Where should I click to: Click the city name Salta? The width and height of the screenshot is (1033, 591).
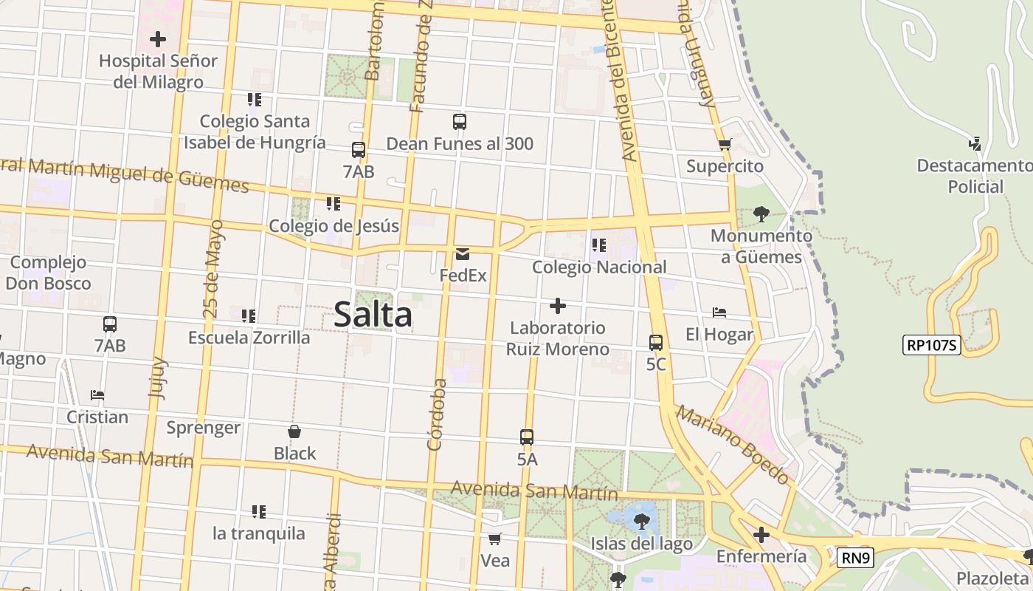coord(373,315)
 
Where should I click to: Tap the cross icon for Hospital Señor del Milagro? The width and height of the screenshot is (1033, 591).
coord(157,38)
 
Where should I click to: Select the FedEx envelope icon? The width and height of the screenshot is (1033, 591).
coord(463,254)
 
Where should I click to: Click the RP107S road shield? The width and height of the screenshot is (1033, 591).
coord(931,345)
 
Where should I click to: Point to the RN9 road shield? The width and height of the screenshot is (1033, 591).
coord(854,557)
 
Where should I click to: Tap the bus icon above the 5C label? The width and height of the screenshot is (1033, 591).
coord(655,343)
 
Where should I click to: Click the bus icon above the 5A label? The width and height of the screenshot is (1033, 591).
coord(526,437)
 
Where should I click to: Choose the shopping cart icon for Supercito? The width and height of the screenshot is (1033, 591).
coord(725,145)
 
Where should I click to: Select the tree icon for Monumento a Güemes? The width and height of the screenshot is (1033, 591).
coord(761,215)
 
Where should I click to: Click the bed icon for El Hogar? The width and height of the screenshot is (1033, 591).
coord(719,312)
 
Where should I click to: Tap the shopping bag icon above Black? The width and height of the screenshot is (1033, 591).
coord(294,431)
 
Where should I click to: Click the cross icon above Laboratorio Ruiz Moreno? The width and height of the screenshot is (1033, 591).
coord(558,306)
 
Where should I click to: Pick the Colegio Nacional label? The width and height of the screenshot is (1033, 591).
coord(599,267)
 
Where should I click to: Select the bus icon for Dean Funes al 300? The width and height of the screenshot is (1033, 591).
coord(459,122)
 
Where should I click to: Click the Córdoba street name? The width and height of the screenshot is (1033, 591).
coord(438,414)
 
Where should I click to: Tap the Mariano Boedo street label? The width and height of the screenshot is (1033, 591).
coord(733,444)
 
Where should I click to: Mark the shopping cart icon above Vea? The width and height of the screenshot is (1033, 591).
coord(494,539)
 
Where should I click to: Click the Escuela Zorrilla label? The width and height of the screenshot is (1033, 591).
coord(249,338)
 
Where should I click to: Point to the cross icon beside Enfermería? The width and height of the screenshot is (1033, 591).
coord(761,535)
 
